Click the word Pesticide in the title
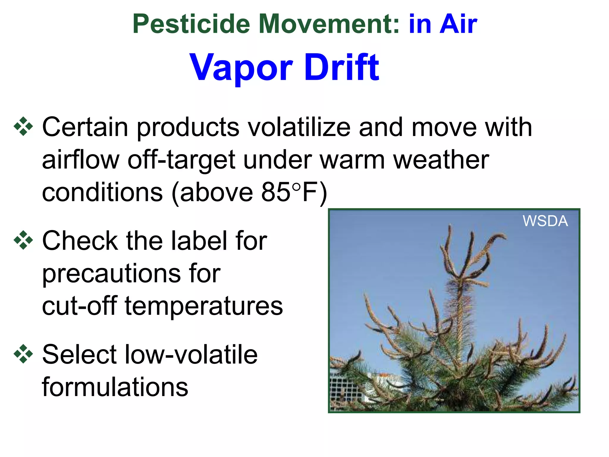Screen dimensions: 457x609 [x=191, y=24]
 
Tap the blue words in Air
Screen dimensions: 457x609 [x=443, y=24]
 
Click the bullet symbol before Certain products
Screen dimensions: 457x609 [x=23, y=127]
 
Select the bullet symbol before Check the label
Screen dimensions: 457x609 [x=23, y=240]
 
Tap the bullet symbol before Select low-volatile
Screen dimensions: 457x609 [x=23, y=354]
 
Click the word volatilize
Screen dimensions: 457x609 [x=299, y=127]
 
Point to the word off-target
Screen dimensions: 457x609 [x=182, y=160]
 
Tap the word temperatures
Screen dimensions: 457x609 [x=204, y=306]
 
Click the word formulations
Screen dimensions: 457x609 [x=115, y=387]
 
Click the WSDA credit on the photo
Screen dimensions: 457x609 [x=545, y=221]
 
